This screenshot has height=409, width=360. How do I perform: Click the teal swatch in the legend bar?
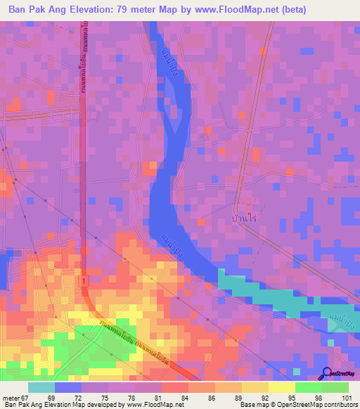pyautogui.click(x=41, y=387)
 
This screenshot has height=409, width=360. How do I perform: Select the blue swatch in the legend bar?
pyautogui.click(x=68, y=387)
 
